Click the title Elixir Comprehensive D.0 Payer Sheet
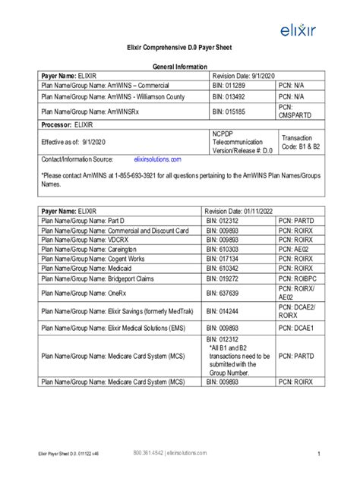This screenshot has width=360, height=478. click(x=178, y=48)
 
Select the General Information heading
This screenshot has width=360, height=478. click(x=178, y=67)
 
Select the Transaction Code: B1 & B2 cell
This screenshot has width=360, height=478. click(x=302, y=142)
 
